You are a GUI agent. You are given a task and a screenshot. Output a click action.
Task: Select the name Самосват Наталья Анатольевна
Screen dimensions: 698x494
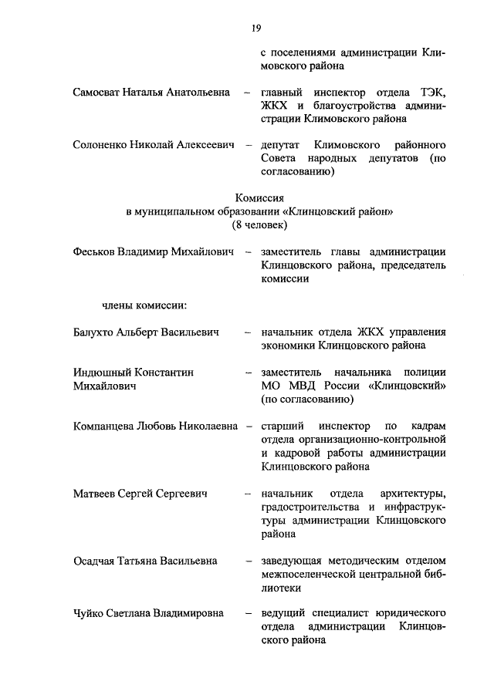pyautogui.click(x=151, y=93)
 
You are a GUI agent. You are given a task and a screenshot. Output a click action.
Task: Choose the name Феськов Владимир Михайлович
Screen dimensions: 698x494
pyautogui.click(x=154, y=251)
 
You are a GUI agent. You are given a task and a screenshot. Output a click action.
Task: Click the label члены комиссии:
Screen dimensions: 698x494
pyautogui.click(x=144, y=305)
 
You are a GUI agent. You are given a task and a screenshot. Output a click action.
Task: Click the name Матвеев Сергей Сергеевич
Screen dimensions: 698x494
pyautogui.click(x=141, y=493)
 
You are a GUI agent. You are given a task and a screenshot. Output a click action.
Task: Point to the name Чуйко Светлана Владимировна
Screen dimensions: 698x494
pyautogui.click(x=148, y=614)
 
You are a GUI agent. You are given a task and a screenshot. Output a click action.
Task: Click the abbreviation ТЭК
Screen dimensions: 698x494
pyautogui.click(x=431, y=93)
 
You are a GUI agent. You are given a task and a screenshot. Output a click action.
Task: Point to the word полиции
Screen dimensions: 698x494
pyautogui.click(x=425, y=373)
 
